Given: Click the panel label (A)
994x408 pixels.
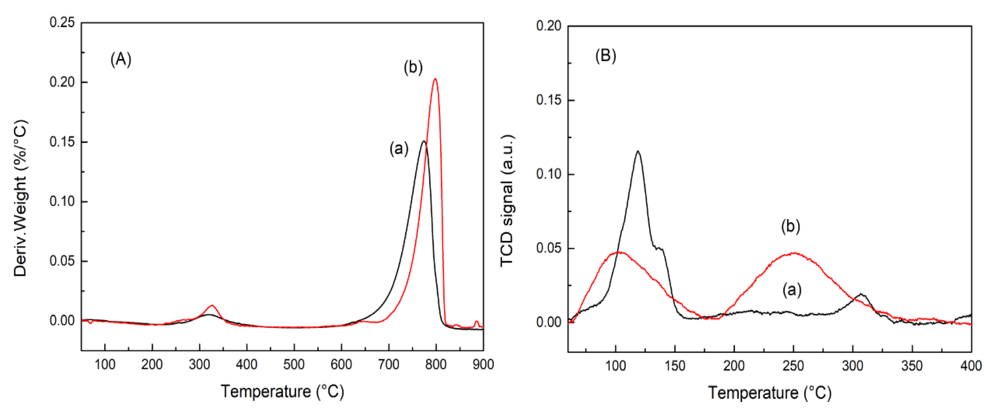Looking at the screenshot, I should point(121,60).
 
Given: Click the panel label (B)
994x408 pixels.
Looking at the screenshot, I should point(605,56).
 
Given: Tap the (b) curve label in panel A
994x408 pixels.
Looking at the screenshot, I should point(413,68).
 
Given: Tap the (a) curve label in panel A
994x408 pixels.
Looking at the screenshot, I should point(399,148).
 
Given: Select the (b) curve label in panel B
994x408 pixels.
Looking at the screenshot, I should point(790,226).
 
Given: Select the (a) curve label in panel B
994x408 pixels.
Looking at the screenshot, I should point(792,289).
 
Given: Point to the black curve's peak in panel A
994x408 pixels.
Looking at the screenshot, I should point(424,141).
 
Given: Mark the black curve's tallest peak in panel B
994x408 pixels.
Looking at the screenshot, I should point(638,151).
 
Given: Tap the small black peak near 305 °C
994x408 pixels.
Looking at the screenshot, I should point(860,294).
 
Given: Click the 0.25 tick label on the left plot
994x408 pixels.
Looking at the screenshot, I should point(62,22).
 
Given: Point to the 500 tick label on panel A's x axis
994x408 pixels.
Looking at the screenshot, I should point(294,364).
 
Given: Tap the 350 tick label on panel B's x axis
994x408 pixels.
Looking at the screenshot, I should point(912,366).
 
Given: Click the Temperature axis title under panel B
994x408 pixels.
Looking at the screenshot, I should point(769,393).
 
